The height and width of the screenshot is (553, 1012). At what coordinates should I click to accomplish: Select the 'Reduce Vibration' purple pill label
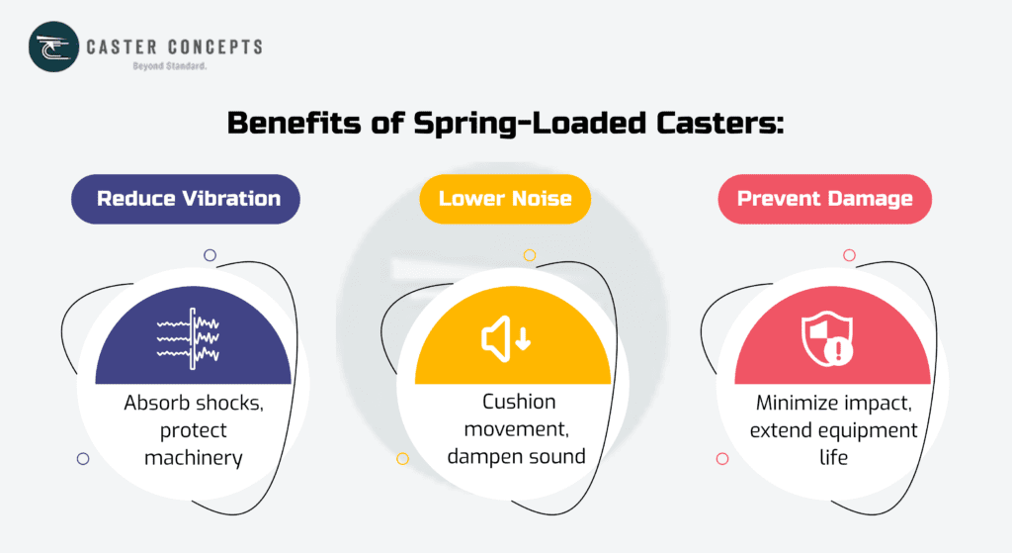coord(188,199)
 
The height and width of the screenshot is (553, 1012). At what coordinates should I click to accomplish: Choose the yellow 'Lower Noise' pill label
coord(505,199)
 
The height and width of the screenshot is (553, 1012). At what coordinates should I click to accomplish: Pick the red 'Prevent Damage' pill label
coord(824,199)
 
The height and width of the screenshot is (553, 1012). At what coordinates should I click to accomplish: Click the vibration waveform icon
coord(188,339)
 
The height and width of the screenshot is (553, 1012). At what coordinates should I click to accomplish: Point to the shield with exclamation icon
coord(826,339)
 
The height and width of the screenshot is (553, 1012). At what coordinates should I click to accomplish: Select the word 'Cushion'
coord(519,402)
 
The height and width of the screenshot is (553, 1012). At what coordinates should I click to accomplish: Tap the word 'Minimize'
coord(799,404)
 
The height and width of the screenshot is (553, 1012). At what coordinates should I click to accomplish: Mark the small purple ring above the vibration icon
coord(210,255)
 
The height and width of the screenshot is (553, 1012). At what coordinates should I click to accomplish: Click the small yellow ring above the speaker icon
coord(530,255)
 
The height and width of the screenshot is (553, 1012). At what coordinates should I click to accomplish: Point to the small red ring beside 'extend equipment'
coord(722,459)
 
